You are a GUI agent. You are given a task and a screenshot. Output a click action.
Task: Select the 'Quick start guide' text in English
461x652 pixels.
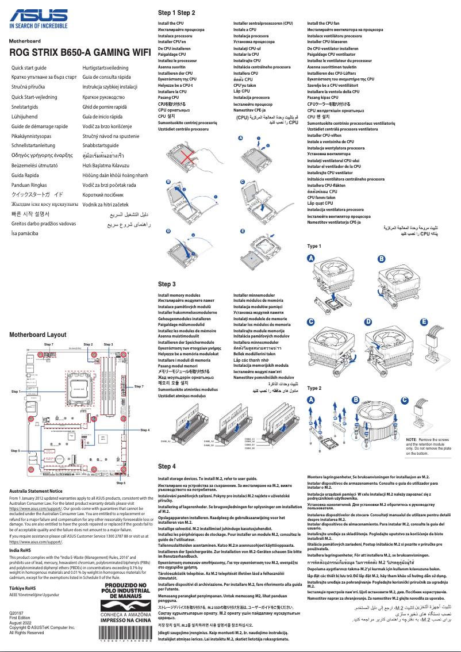click(33, 68)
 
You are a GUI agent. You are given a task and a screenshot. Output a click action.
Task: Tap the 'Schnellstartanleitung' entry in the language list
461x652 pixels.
click(40, 145)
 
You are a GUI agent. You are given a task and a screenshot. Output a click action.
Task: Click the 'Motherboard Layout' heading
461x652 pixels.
click(38, 334)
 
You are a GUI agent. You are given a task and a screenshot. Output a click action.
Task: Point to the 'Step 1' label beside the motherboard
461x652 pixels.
click(18, 391)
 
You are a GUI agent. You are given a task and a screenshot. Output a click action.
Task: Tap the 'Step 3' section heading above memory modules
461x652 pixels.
click(167, 284)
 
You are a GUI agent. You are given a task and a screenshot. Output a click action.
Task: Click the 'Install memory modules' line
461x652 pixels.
click(179, 295)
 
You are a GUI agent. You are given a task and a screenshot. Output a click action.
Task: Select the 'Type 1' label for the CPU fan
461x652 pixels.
click(314, 246)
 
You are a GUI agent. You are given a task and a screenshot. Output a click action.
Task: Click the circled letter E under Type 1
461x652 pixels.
click(424, 321)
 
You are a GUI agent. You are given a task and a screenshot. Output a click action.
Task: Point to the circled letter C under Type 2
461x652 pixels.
click(404, 400)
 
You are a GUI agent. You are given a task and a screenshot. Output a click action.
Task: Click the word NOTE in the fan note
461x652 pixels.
click(412, 439)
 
